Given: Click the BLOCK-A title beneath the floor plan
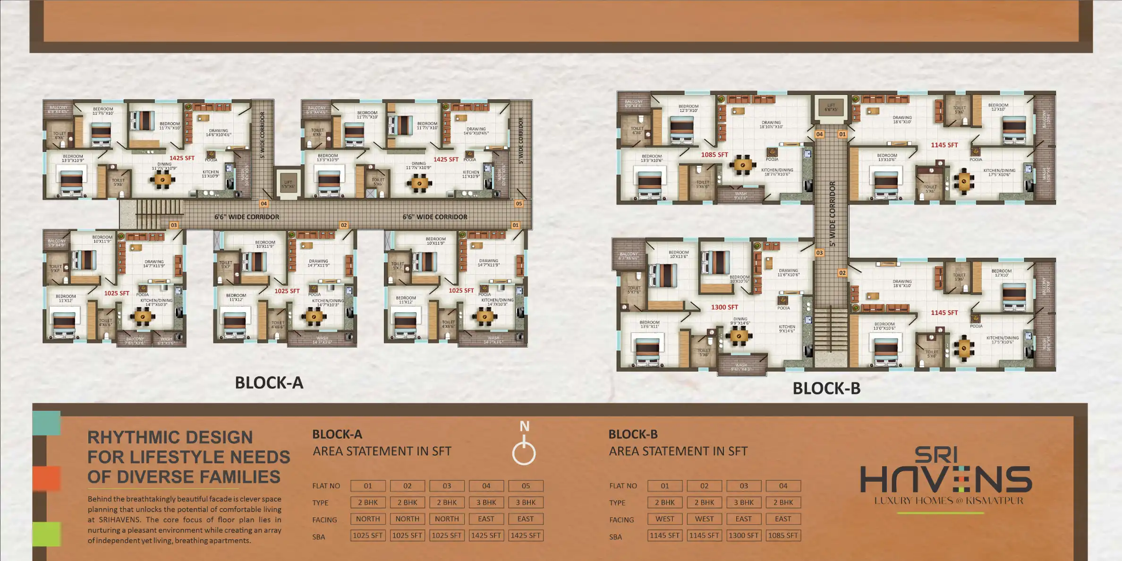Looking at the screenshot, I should [x=269, y=382].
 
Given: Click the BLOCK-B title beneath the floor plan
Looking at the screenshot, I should [x=826, y=388].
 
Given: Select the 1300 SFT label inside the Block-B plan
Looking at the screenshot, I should [x=724, y=307].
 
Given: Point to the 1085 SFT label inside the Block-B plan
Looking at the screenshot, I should [x=714, y=155].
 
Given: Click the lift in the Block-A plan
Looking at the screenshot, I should [x=288, y=184].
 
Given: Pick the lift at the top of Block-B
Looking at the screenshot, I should [x=831, y=108].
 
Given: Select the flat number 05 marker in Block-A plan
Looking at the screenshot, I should [x=518, y=204].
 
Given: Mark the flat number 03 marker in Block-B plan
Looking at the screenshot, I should [x=819, y=253].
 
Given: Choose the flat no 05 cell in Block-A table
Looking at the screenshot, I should [x=526, y=486].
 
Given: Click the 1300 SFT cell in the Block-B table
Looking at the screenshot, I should [x=744, y=535].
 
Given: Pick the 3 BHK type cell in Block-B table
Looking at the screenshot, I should [x=744, y=502].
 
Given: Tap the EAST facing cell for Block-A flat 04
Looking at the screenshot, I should [x=486, y=519].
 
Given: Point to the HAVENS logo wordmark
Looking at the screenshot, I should [x=946, y=479].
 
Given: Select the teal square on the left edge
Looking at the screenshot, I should [x=46, y=423].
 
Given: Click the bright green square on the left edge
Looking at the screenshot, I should [x=46, y=534].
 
